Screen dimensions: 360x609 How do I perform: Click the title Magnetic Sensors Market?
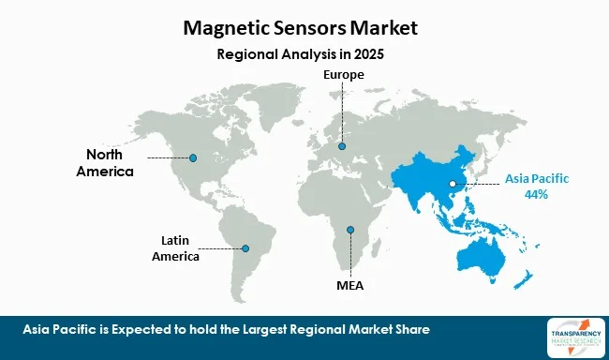300,29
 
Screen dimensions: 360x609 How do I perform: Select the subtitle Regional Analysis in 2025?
300,54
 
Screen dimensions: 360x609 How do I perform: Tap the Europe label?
342,74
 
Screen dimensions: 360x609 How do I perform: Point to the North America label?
111,163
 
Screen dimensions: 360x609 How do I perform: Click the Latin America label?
177,248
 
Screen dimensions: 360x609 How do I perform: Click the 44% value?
538,194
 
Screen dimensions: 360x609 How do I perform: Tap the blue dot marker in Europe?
342,146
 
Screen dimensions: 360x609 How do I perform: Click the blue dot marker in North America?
193,157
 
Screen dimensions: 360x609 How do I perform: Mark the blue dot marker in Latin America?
245,248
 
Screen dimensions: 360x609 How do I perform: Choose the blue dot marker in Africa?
350,230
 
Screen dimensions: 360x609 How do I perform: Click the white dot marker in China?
452,184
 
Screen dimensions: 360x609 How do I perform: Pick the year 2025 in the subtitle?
366,54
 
